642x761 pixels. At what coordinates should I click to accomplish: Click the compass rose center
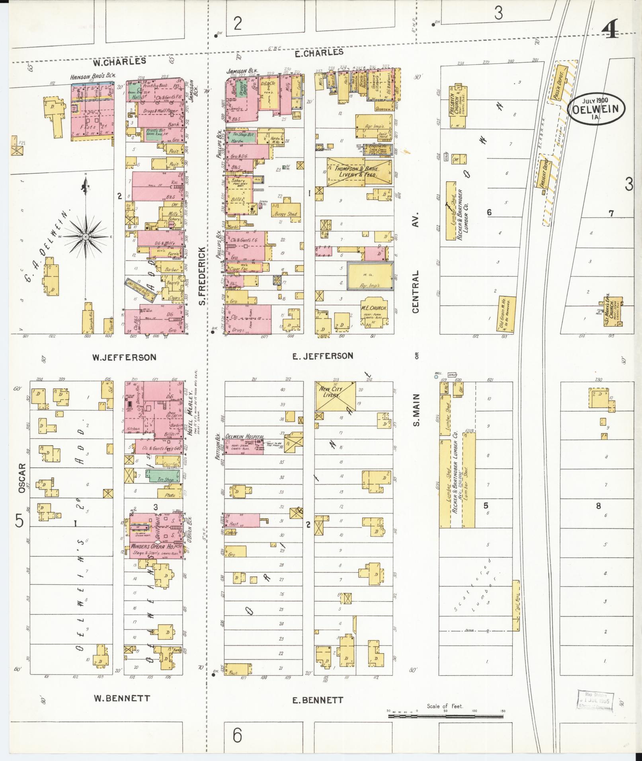(x=85, y=237)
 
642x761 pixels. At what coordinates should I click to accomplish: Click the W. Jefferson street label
(x=124, y=357)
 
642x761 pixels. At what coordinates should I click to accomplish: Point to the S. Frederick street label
(x=202, y=276)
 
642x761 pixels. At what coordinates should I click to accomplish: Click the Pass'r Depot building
(x=562, y=82)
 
